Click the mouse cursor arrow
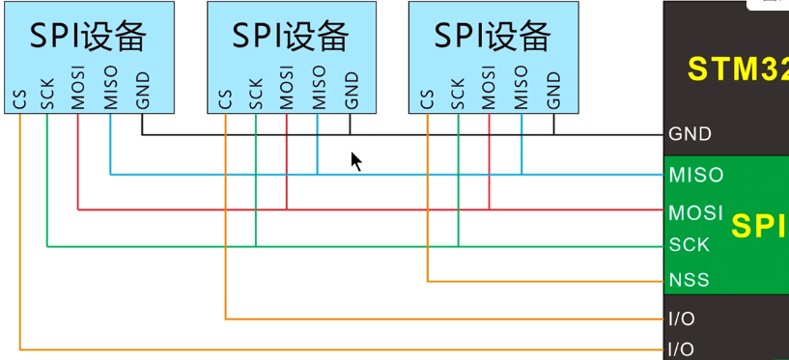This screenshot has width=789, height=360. coord(356,161)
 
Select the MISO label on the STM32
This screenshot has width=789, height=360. coord(695,176)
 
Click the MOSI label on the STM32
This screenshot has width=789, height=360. coord(695,211)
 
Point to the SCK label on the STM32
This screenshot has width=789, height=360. coord(690,245)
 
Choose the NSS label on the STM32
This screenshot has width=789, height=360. coord(689,280)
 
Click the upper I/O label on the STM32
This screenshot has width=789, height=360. coord(681,318)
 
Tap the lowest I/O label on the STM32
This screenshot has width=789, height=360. coord(681,348)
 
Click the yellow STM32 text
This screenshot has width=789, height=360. coord(737,69)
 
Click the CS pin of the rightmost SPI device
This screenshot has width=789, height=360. coord(427,98)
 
